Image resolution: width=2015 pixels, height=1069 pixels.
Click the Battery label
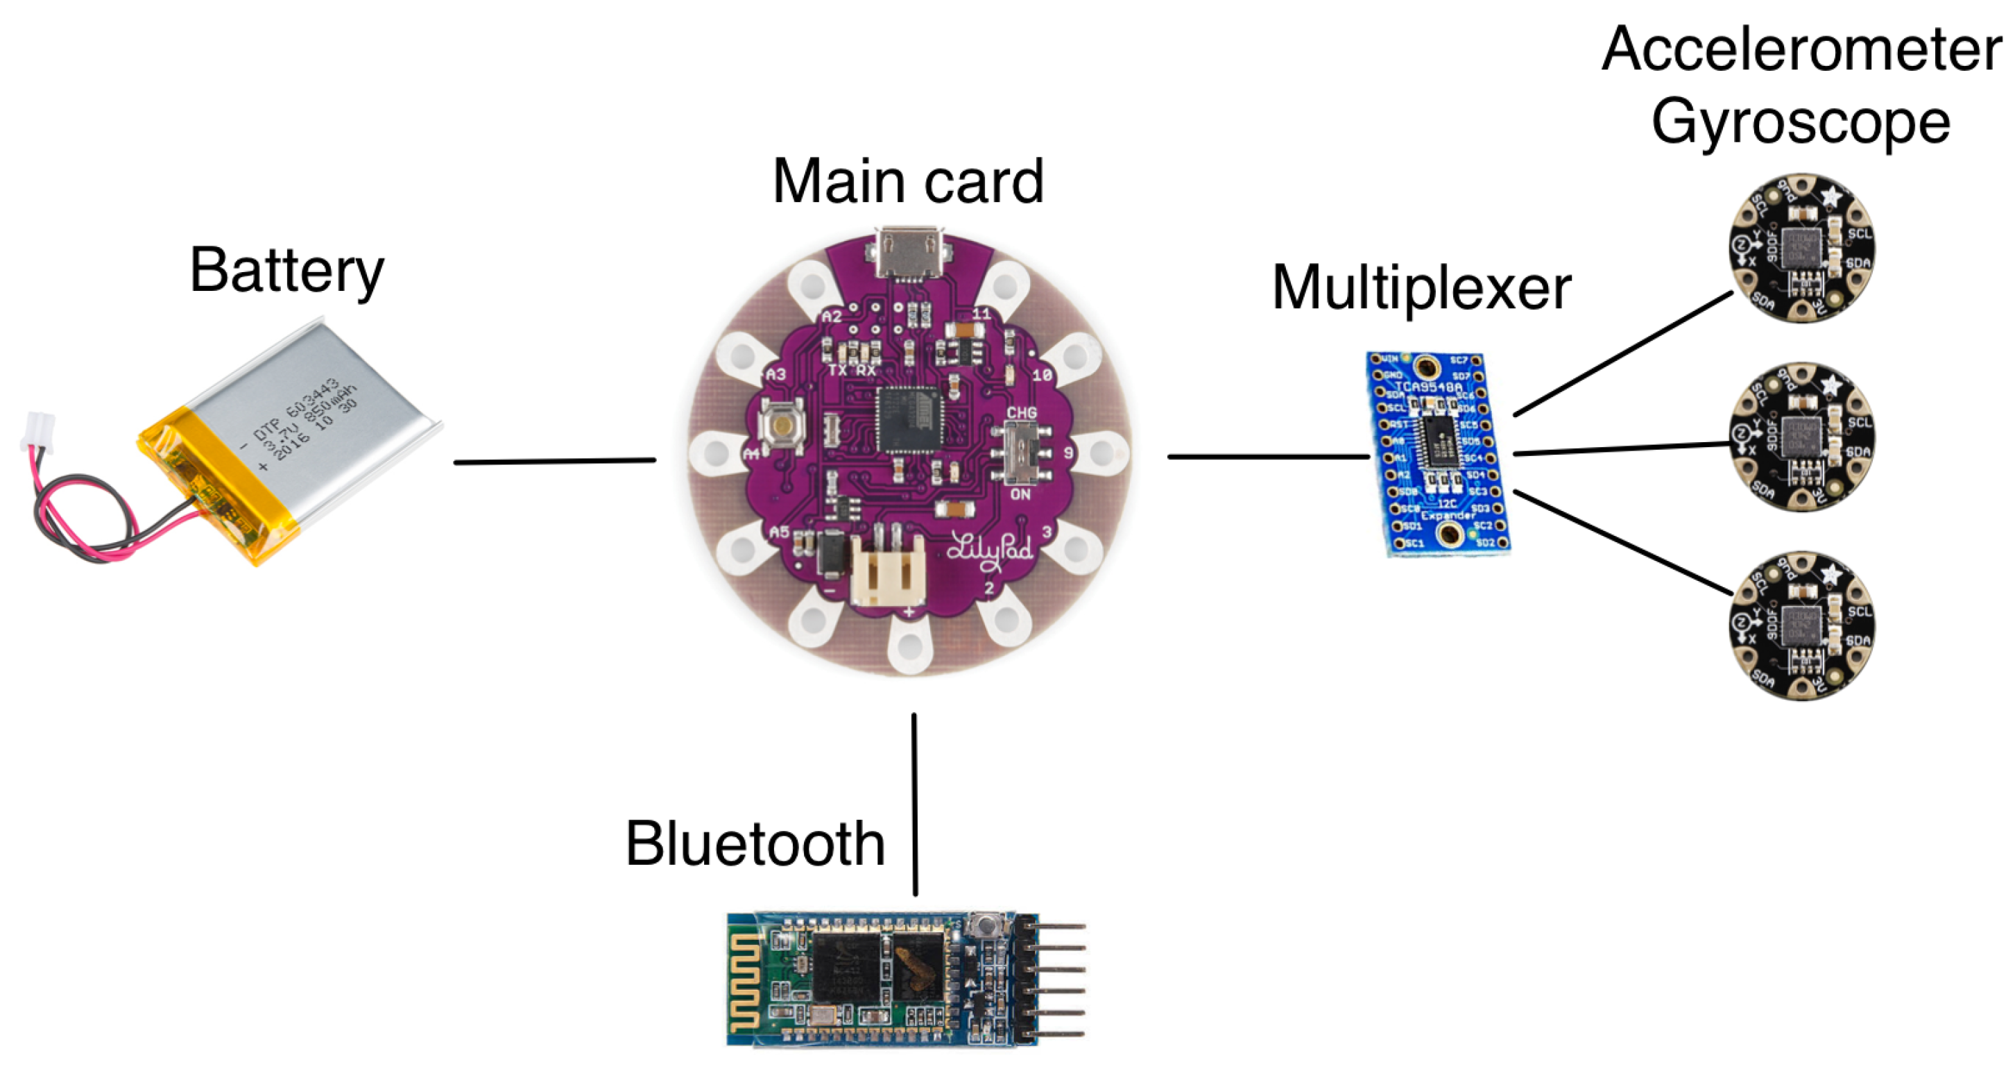tap(287, 271)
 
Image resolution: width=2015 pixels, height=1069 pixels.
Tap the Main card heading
tap(907, 183)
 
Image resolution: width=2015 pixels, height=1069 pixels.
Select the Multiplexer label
tap(1421, 288)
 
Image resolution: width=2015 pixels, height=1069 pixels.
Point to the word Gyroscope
tap(1801, 124)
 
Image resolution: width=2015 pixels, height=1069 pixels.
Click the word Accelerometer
tap(1801, 49)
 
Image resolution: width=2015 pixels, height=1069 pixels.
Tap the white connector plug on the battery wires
tap(37, 432)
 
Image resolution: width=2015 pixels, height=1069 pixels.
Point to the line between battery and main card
tap(555, 461)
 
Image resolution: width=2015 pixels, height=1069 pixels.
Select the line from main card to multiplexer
tap(1267, 456)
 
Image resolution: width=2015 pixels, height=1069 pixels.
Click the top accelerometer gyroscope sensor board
tap(1801, 248)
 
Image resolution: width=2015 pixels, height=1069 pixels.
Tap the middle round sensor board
tap(1801, 437)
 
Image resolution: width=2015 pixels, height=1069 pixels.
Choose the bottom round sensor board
tap(1801, 625)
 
